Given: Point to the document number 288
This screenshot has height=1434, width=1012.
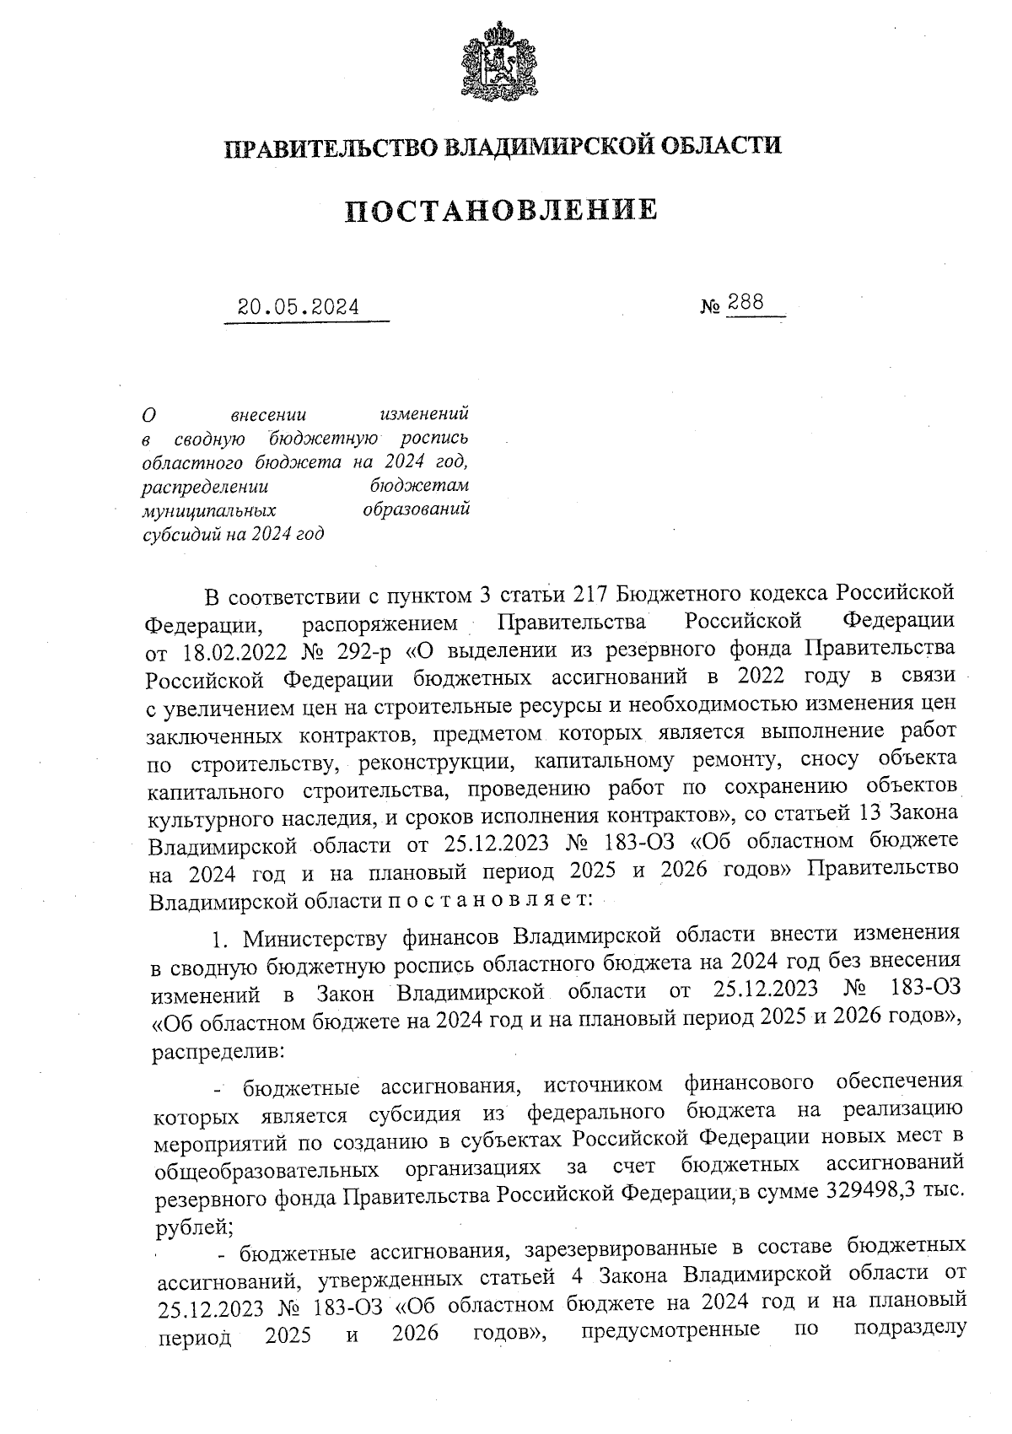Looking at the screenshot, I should (x=746, y=303).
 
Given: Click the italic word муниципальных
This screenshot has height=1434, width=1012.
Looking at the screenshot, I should (x=210, y=510).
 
